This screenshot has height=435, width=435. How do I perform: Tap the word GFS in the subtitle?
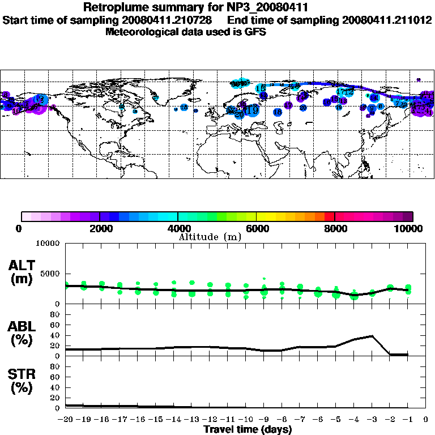[255, 32]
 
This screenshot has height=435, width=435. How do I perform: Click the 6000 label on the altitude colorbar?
[257, 228]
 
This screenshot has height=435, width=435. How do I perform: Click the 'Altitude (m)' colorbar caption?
[210, 236]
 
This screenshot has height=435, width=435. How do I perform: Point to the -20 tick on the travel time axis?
[66, 419]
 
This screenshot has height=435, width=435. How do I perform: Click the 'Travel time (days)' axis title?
[247, 429]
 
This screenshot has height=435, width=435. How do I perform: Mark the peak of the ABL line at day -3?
[372, 336]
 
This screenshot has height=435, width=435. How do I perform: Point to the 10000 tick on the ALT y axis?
[49, 244]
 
